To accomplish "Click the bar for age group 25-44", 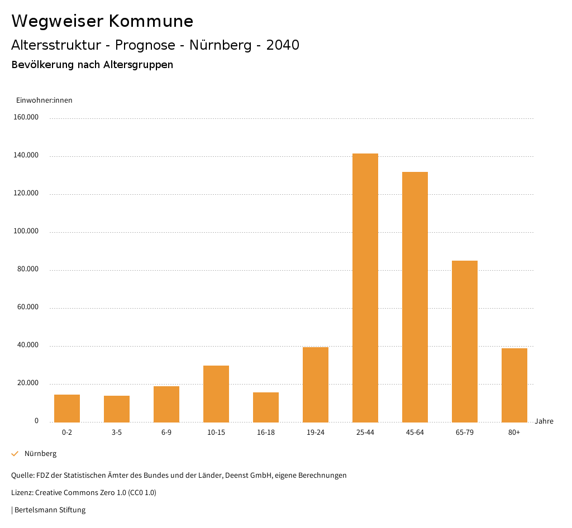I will pos(365,287).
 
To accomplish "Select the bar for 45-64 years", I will pos(415,297).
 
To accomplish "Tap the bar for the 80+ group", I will pos(514,385).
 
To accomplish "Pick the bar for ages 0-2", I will pos(67,409).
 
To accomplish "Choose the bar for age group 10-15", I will pos(216,394).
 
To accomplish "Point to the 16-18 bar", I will pos(266,407).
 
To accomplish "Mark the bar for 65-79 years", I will pos(465,341).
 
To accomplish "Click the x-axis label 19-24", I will pos(316,433).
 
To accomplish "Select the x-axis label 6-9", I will pos(166,433).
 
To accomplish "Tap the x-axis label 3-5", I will pos(117,433).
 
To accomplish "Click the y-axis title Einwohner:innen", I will pos(44,100).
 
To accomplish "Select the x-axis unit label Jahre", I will pos(544,421).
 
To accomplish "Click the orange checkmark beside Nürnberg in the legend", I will pos(15,454).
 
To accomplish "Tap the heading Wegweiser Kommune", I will pos(102,21).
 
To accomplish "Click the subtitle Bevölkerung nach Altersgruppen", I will pos(92,65).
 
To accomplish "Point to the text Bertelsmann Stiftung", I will pos(50,510).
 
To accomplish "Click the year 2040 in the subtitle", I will pos(283,45).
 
